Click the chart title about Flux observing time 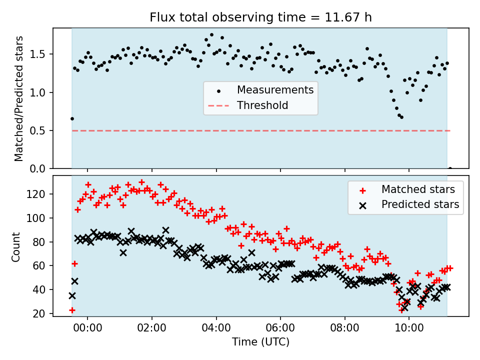click(260, 17)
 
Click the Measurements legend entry click(275, 90)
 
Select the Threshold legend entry click(262, 105)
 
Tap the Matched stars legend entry click(418, 189)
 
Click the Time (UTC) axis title click(260, 342)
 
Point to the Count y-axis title click(16, 246)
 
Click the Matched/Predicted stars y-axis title click(19, 98)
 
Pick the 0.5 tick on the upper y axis click(41, 130)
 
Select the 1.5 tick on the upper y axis click(41, 54)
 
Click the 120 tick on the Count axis click(39, 194)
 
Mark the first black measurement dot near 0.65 click(72, 118)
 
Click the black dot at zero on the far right click(450, 168)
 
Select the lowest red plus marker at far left click(72, 310)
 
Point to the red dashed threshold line click(260, 130)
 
